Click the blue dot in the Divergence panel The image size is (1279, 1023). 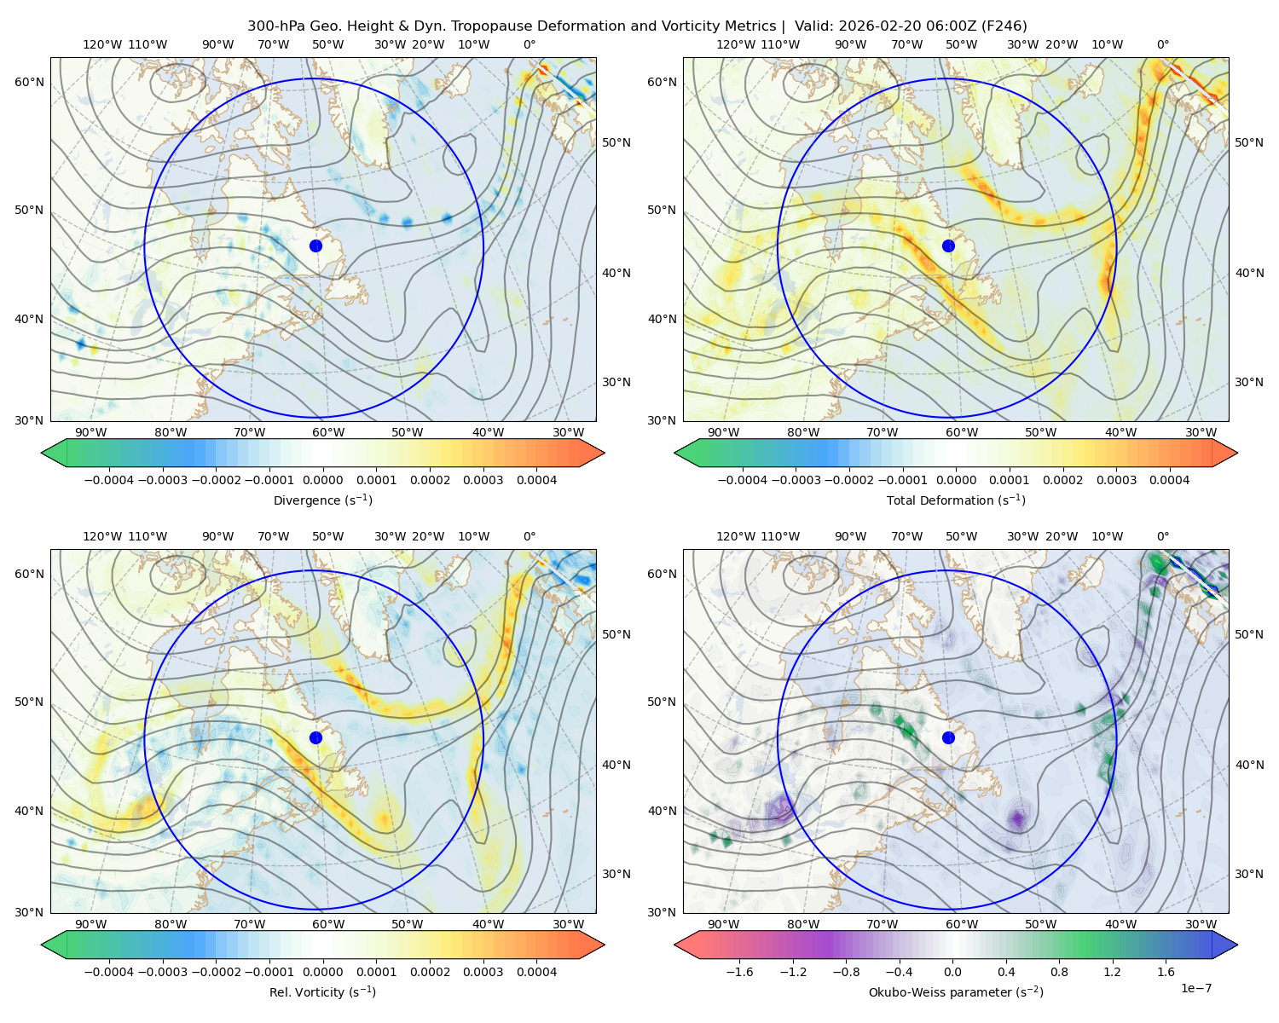[315, 246]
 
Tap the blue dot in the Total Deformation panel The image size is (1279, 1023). [948, 246]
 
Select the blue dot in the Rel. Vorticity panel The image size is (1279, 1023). [315, 737]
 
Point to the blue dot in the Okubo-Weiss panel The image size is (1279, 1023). [948, 737]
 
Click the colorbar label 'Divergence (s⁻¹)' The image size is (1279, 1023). [322, 500]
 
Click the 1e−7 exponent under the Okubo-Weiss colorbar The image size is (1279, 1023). [1195, 988]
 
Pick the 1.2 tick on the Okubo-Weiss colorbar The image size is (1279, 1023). [1112, 972]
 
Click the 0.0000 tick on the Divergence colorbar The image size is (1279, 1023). [322, 480]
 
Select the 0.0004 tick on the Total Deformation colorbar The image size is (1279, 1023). [1169, 480]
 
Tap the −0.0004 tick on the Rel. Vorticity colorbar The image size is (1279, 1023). [109, 972]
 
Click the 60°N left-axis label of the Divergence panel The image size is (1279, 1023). [29, 82]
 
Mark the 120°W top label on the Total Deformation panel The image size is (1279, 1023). [735, 44]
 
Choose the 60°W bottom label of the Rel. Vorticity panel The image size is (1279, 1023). [328, 924]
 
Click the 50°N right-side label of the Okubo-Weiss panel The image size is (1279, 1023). [1248, 634]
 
